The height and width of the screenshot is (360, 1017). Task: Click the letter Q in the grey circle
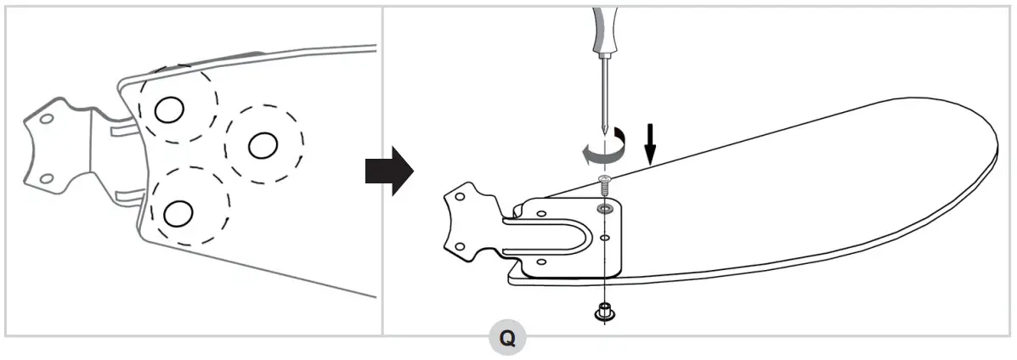(506, 339)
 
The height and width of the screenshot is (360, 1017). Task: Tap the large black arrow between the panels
(388, 172)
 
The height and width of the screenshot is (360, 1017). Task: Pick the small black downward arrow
(650, 144)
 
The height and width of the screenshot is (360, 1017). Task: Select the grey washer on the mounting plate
(603, 207)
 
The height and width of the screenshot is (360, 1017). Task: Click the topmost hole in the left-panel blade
(169, 108)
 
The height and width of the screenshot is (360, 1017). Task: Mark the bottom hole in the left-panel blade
(178, 213)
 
